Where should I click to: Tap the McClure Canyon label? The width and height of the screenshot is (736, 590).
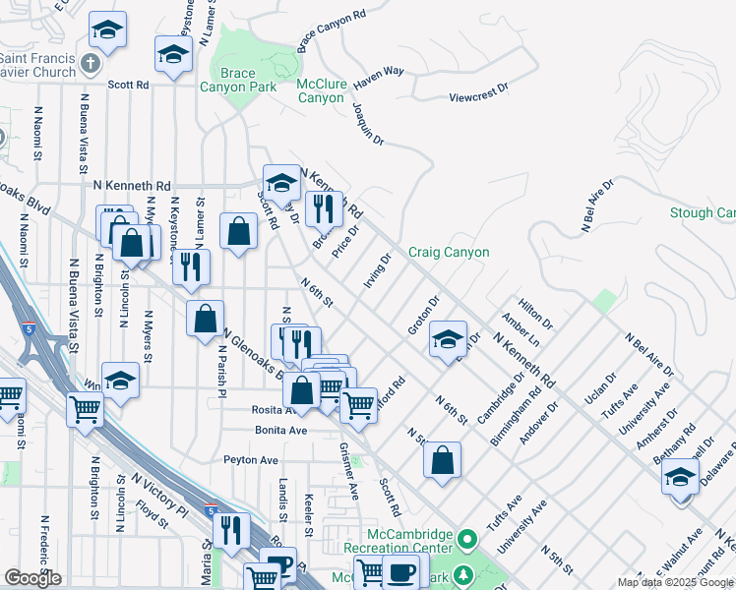[321, 91]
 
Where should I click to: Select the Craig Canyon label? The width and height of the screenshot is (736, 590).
[449, 253]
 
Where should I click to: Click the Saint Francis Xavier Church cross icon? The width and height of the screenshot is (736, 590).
[91, 64]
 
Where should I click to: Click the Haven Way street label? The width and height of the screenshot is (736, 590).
[379, 72]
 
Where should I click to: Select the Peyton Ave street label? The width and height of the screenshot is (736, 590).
[251, 459]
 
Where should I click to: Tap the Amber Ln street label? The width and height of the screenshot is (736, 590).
[520, 330]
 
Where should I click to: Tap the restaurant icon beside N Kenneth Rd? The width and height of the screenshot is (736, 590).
[322, 206]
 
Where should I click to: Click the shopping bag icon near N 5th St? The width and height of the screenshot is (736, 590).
[442, 458]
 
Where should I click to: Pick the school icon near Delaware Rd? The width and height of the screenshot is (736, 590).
[679, 477]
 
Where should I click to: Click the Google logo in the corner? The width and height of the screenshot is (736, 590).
[32, 578]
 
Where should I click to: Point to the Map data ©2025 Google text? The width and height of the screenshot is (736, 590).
[675, 582]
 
